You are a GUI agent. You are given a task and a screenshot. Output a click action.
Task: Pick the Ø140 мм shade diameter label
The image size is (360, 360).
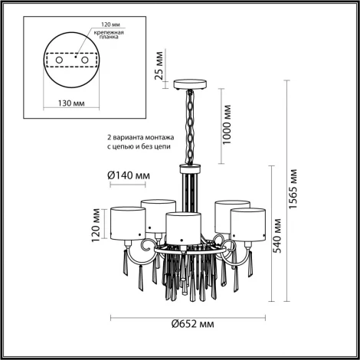click(x=126, y=175)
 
